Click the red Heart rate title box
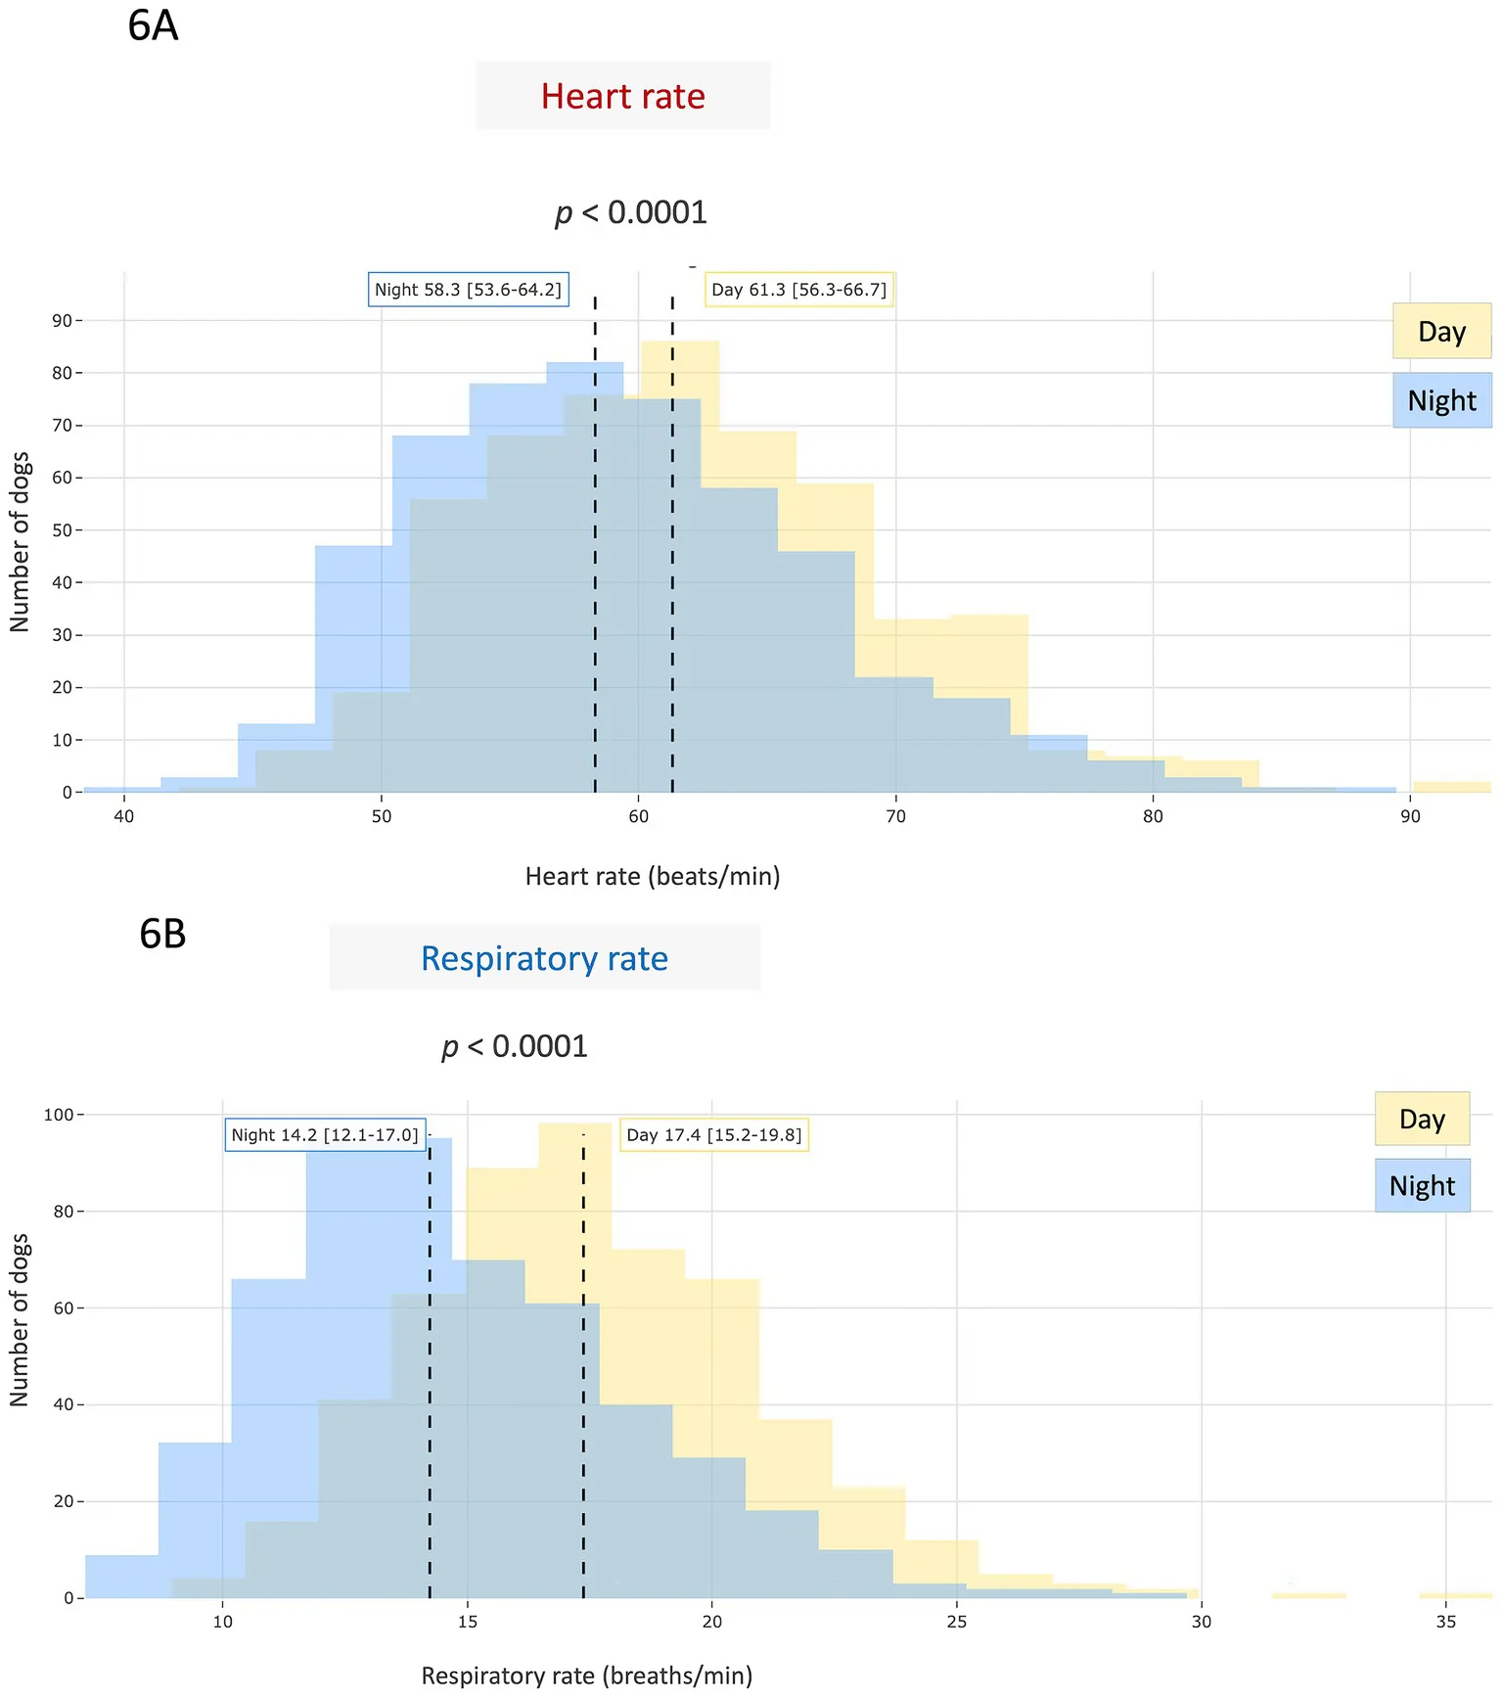point(623,96)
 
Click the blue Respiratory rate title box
point(544,958)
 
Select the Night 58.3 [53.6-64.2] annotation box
point(468,290)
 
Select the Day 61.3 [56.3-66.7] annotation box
point(798,290)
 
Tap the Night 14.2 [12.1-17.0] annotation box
point(325,1135)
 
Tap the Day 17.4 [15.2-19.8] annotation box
point(713,1135)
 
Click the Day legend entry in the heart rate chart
point(1441,332)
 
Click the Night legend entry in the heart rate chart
point(1441,400)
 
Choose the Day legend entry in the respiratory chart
point(1422,1119)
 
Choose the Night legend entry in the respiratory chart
point(1422,1186)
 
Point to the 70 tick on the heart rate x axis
point(895,816)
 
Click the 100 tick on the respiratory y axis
point(59,1115)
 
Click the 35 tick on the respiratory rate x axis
point(1445,1622)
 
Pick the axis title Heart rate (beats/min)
point(653,876)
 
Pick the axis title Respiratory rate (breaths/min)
point(587,1675)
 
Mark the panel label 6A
point(154,25)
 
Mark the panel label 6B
point(162,934)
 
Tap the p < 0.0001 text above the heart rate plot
point(631,212)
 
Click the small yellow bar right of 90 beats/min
point(1451,787)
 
